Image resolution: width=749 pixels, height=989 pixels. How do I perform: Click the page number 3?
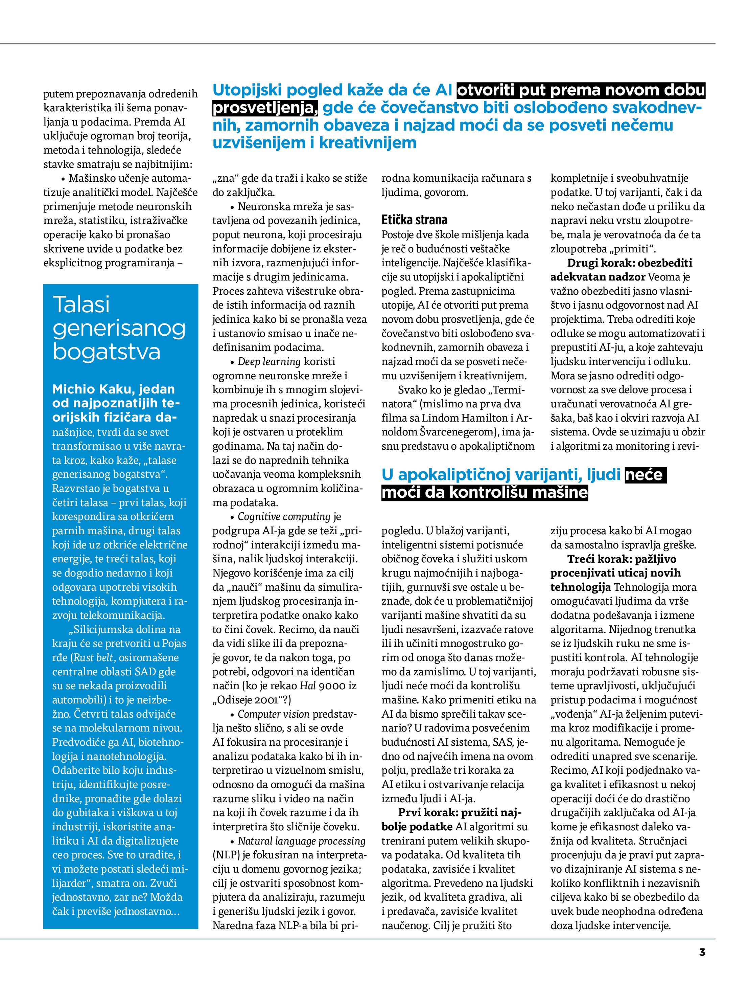(702, 952)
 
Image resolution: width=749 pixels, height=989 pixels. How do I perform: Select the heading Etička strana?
(414, 220)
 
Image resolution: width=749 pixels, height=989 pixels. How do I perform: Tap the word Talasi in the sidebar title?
(81, 305)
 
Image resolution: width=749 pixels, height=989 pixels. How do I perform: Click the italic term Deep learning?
(269, 362)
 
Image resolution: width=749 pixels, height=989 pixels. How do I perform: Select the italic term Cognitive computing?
(284, 517)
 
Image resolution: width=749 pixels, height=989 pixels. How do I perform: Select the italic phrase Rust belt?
(95, 658)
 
